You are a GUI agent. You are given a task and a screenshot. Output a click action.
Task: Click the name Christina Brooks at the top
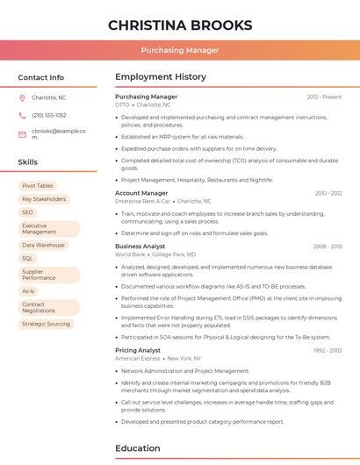pyautogui.click(x=180, y=25)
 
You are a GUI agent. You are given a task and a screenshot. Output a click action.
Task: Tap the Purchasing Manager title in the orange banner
pyautogui.click(x=180, y=50)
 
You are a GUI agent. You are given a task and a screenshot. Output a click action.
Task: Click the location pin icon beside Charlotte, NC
pyautogui.click(x=22, y=97)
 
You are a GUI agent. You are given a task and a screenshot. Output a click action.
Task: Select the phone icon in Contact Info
pyautogui.click(x=22, y=115)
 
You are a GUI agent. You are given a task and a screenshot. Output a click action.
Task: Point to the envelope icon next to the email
pyautogui.click(x=22, y=134)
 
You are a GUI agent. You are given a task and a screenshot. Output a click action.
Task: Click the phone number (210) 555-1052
pyautogui.click(x=49, y=115)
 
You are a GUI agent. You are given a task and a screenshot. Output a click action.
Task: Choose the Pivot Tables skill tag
pyautogui.click(x=38, y=186)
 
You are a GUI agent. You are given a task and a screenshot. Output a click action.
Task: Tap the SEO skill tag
pyautogui.click(x=28, y=212)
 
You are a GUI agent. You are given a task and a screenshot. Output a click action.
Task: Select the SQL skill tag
pyautogui.click(x=28, y=259)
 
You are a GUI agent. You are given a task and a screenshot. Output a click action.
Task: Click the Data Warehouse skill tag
pyautogui.click(x=44, y=245)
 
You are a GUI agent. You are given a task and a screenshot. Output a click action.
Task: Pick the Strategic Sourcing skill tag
pyautogui.click(x=46, y=324)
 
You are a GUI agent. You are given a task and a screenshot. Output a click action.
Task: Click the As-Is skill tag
pyautogui.click(x=29, y=291)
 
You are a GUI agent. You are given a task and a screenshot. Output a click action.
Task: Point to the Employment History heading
pyautogui.click(x=161, y=77)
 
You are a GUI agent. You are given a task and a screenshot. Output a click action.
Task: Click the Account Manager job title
pyautogui.click(x=141, y=193)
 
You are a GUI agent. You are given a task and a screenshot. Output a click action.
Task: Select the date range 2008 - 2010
pyautogui.click(x=327, y=247)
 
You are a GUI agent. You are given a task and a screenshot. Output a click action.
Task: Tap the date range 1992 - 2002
pyautogui.click(x=327, y=350)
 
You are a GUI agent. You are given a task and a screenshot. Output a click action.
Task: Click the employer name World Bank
pyautogui.click(x=130, y=254)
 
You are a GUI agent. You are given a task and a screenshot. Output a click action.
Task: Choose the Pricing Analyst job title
pyautogui.click(x=139, y=350)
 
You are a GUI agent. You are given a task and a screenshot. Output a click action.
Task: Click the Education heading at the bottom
pyautogui.click(x=138, y=448)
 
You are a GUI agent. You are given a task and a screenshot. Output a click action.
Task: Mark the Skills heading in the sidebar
pyautogui.click(x=28, y=162)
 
